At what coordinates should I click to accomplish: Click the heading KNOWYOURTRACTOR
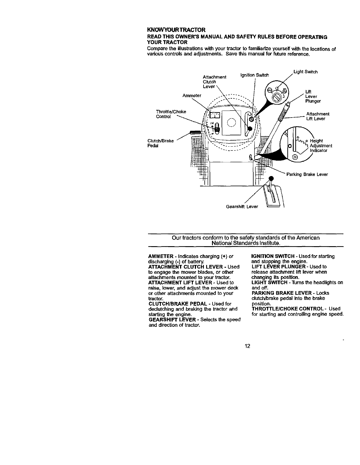click(177, 30)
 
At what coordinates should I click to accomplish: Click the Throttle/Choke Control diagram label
click(171, 114)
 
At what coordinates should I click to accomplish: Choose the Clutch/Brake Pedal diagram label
click(161, 143)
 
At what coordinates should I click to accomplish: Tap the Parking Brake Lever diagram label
click(307, 175)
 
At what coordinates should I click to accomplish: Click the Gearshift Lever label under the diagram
click(242, 207)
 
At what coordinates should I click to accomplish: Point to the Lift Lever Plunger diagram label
click(313, 96)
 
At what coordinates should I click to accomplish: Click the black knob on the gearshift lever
click(271, 178)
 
